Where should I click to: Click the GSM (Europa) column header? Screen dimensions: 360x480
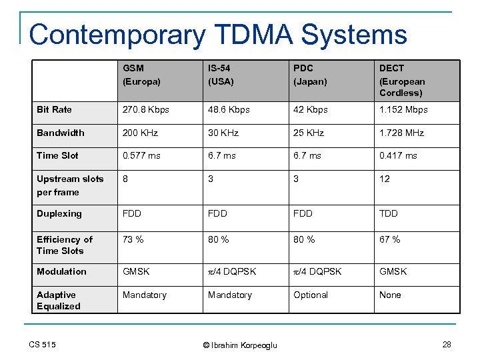click(142, 74)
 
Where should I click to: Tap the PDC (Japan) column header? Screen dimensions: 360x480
click(310, 74)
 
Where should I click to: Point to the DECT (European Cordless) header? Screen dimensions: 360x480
click(401, 80)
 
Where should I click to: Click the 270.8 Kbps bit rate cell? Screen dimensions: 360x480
click(145, 109)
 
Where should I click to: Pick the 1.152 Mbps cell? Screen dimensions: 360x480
click(403, 109)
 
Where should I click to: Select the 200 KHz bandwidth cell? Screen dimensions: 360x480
click(140, 133)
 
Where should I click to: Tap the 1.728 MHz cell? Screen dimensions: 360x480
click(402, 133)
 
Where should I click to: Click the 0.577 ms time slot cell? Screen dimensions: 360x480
click(141, 155)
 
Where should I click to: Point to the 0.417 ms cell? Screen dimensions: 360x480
click(398, 155)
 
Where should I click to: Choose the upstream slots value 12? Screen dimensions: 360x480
click(385, 179)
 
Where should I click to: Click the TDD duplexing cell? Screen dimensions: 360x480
click(389, 213)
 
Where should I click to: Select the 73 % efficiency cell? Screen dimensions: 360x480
click(133, 239)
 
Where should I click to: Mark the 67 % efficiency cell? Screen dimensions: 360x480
click(389, 239)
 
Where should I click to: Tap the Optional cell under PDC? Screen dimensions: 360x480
click(311, 295)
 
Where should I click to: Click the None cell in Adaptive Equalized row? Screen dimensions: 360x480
click(390, 295)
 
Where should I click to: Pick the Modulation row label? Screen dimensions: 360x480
click(61, 271)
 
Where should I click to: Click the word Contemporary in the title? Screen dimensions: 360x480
click(117, 34)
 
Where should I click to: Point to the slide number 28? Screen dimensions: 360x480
click(446, 344)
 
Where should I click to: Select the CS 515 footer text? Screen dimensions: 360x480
click(43, 344)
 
